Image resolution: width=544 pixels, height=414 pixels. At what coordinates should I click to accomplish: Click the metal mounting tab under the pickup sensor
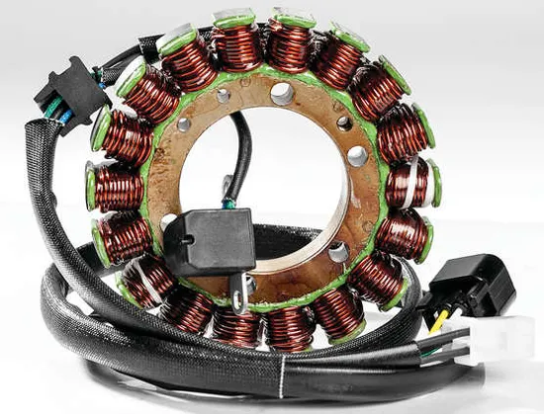click(239, 290)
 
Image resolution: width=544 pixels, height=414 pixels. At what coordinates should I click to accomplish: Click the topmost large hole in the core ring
click(282, 94)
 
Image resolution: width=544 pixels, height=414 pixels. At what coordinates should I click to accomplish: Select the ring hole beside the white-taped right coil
click(358, 155)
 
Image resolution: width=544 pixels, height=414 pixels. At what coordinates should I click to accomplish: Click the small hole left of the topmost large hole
click(225, 96)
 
